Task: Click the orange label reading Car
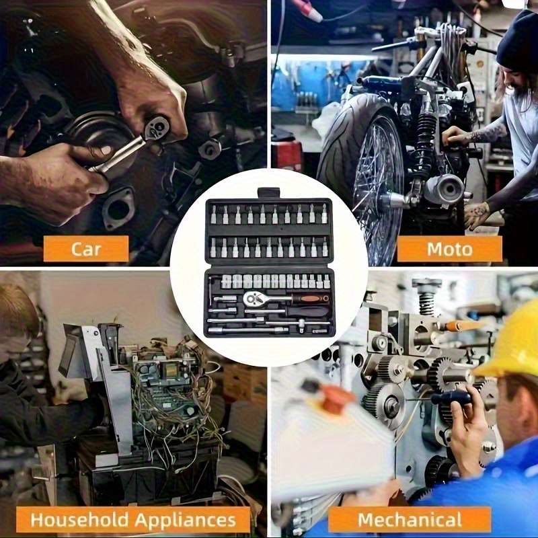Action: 86,249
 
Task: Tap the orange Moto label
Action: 449,249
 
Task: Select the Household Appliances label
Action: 133,519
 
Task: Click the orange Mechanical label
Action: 410,519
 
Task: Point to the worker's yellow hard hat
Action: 511,340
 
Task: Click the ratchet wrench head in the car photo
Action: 157,128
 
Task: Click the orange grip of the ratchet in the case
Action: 311,299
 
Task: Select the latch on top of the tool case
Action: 268,193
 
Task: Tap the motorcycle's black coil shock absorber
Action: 426,144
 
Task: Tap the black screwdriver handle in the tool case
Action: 307,311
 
